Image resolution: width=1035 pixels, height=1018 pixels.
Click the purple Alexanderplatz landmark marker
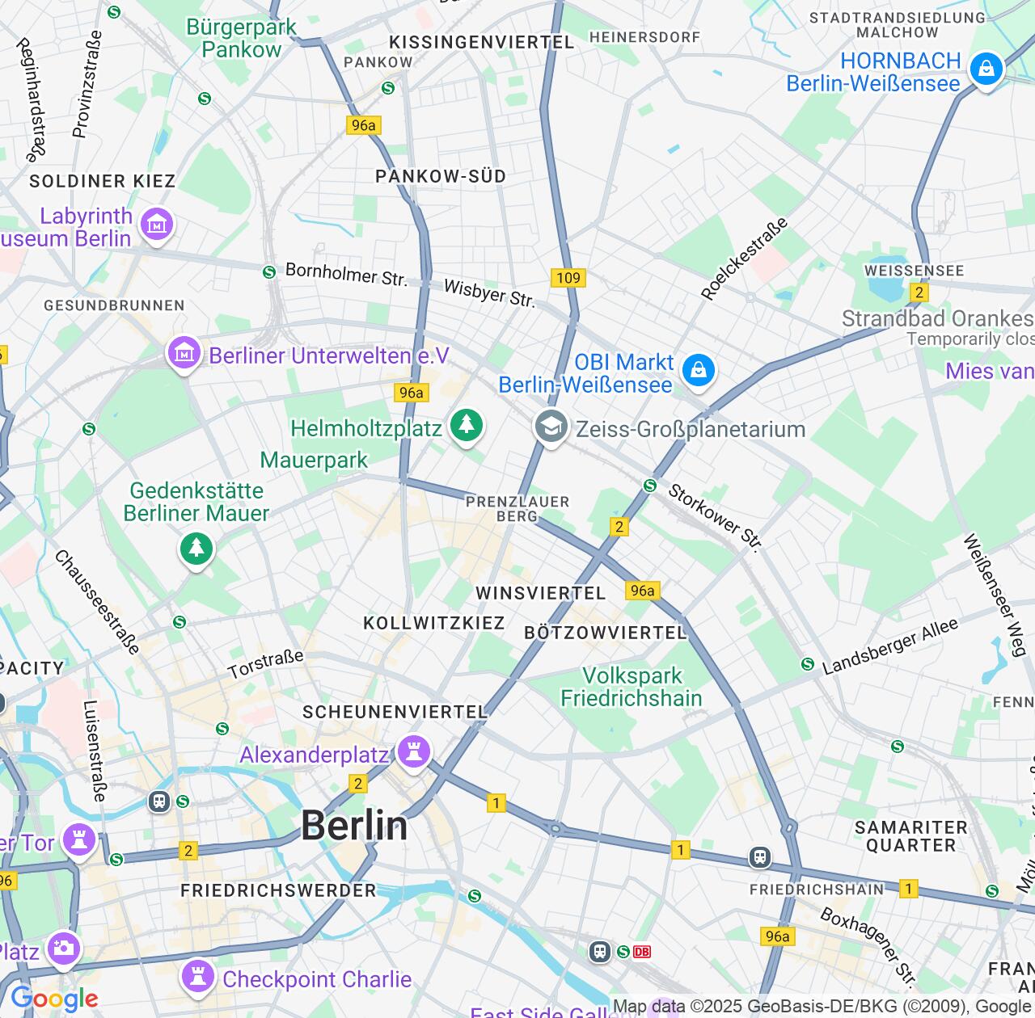[413, 752]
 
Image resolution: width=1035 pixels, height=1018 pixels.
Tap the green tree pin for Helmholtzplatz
[466, 424]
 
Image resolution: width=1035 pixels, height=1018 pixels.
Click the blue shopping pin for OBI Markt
[698, 371]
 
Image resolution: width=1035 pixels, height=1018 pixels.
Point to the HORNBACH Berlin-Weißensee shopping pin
[986, 69]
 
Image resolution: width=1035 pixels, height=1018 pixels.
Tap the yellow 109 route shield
[568, 278]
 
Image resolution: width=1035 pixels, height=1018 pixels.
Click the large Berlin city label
[354, 826]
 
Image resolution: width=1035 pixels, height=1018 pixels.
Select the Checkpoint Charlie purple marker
[198, 976]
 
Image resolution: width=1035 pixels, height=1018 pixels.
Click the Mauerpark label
[314, 460]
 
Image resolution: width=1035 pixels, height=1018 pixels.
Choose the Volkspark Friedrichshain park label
[632, 687]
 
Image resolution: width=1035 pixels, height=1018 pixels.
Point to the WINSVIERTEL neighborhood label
[540, 593]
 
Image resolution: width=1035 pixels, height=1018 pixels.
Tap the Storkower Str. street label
[715, 517]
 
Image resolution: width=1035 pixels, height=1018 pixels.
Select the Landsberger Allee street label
[890, 646]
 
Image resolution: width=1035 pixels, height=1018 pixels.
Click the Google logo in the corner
[54, 999]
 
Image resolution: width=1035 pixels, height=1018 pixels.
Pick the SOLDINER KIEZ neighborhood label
[103, 181]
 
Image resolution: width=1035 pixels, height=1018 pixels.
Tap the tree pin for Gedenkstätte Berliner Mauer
[196, 549]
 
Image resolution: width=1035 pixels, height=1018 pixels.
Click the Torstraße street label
[265, 664]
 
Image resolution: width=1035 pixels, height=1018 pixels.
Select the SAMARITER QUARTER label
[910, 836]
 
